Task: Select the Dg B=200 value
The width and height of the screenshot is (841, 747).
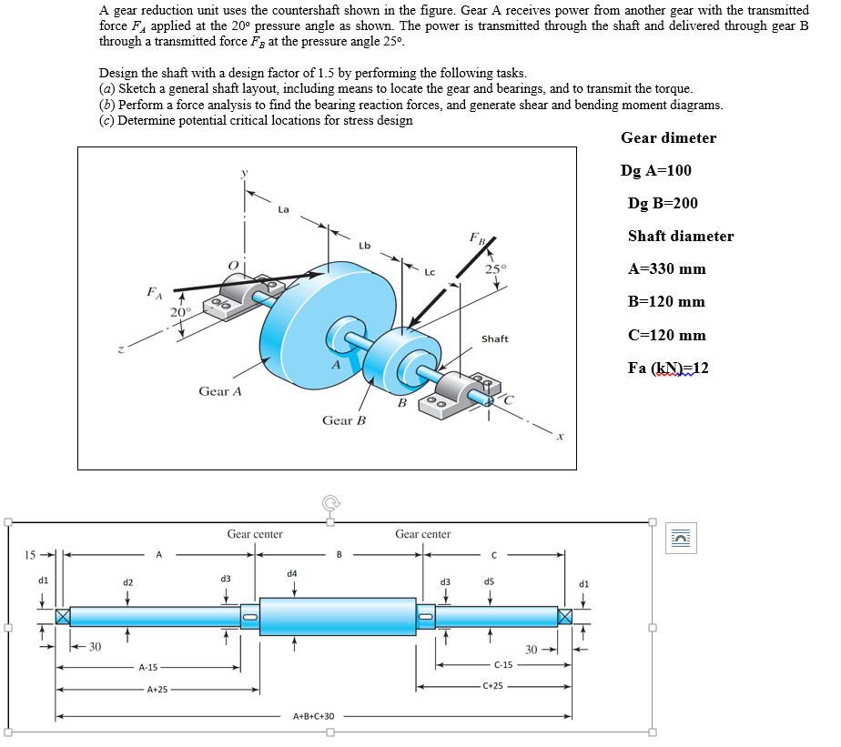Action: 663,204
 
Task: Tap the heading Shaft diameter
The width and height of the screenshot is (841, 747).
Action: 680,237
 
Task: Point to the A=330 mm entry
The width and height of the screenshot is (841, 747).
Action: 666,269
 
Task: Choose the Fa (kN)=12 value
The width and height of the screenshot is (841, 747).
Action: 667,368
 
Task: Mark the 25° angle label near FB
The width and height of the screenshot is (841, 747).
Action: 495,268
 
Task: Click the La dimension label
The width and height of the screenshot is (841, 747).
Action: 283,209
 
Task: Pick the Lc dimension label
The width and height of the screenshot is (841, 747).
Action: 430,271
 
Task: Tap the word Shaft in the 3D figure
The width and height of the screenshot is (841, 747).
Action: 494,339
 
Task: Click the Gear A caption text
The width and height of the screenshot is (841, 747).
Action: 220,391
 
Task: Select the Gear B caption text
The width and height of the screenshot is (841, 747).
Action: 343,420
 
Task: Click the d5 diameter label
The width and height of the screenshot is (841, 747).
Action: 489,580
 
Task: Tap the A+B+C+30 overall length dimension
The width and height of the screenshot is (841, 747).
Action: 314,717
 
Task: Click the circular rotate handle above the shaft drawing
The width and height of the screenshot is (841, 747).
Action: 329,501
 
